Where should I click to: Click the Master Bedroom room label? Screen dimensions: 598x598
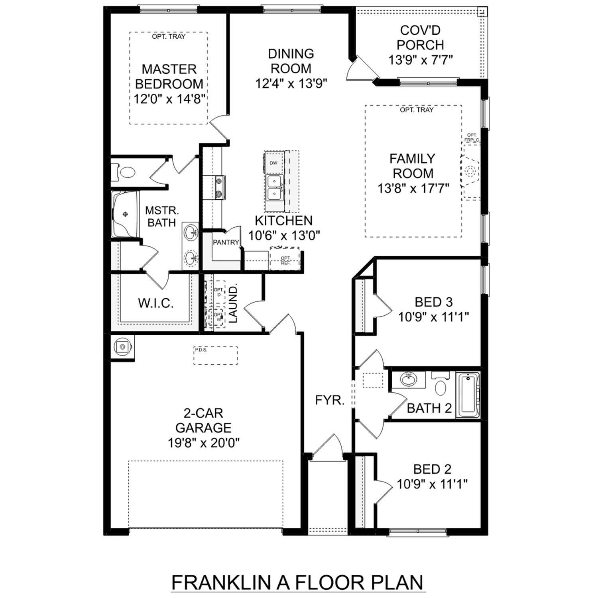click(x=169, y=77)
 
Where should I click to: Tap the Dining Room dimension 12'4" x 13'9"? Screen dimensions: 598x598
click(x=291, y=84)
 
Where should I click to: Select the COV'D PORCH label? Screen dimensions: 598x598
click(x=420, y=37)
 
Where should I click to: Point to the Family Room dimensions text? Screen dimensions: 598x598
click(x=413, y=188)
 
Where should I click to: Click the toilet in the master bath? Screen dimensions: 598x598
click(x=127, y=172)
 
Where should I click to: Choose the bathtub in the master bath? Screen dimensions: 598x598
click(x=125, y=214)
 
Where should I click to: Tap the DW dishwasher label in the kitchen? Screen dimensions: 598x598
click(x=273, y=163)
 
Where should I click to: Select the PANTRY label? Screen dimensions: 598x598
click(x=226, y=242)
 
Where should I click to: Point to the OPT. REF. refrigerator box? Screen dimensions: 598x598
click(x=285, y=260)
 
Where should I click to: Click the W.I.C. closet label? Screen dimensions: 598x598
click(x=155, y=303)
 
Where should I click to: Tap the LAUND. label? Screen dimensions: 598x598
click(x=233, y=304)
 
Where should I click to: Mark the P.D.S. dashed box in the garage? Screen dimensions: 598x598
click(x=216, y=355)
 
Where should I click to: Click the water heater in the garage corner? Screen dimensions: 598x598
click(x=122, y=347)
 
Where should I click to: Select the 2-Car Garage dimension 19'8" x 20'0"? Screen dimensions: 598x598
click(x=203, y=443)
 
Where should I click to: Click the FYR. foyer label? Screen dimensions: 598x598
click(x=330, y=400)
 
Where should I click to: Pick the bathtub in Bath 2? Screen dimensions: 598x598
click(x=467, y=395)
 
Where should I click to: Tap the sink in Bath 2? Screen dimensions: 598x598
click(x=408, y=380)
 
